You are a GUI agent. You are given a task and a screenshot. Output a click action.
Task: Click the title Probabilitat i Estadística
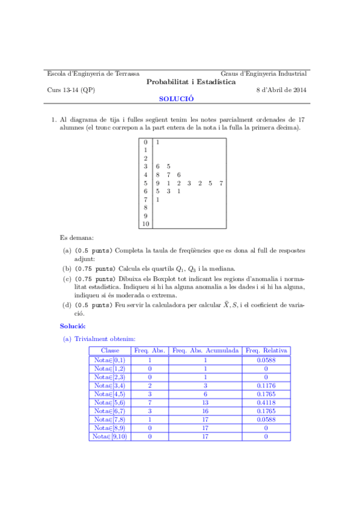191,82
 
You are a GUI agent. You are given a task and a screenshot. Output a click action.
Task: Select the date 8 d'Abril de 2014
281,90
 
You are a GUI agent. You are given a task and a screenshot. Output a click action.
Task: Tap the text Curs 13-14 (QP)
70,90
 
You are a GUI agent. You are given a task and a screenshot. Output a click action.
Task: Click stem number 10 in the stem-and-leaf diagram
145,224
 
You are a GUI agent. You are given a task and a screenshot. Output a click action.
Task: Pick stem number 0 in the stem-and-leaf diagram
145,142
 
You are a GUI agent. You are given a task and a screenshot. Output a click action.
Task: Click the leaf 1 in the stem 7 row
157,199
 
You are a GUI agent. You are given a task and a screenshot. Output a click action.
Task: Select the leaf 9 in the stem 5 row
157,183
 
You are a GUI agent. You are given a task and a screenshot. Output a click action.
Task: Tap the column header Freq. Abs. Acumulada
206,350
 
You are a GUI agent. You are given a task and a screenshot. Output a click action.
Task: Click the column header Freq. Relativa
266,350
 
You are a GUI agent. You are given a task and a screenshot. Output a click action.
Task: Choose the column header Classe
110,350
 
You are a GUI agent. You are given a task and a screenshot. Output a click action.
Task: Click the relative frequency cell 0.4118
266,402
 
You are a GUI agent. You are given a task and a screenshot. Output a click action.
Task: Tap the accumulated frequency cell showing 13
206,402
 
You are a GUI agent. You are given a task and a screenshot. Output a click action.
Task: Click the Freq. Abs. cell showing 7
149,402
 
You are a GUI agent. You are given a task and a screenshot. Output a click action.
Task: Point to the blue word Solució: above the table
72,325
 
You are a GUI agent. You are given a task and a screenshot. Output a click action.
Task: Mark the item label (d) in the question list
67,305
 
